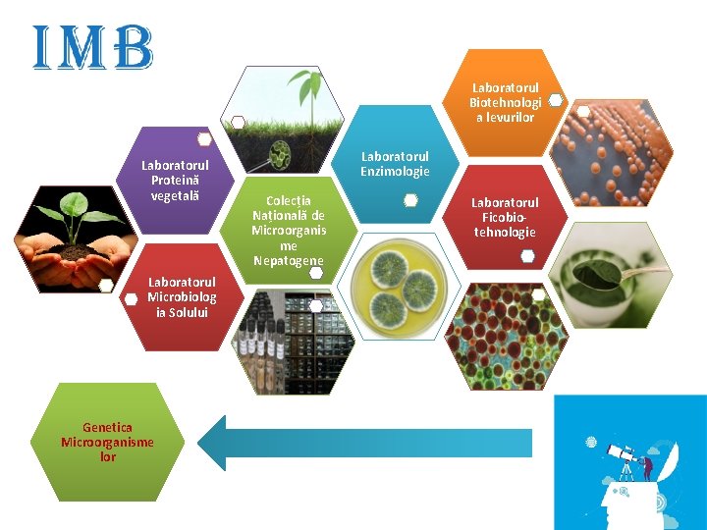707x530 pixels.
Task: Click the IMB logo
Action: point(93,48)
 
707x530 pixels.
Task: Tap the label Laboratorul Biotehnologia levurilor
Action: point(503,102)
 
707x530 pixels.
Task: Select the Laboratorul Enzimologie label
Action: point(395,164)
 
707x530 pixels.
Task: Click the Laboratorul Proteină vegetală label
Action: point(175,180)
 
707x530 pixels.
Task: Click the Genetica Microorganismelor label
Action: point(107,443)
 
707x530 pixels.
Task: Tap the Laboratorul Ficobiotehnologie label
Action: point(505,217)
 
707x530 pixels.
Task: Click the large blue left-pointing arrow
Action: point(363,443)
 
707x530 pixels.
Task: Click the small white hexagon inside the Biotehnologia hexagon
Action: point(555,100)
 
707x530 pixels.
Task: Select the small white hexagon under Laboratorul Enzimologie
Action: point(410,200)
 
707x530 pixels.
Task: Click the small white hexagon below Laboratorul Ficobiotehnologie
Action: point(527,256)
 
